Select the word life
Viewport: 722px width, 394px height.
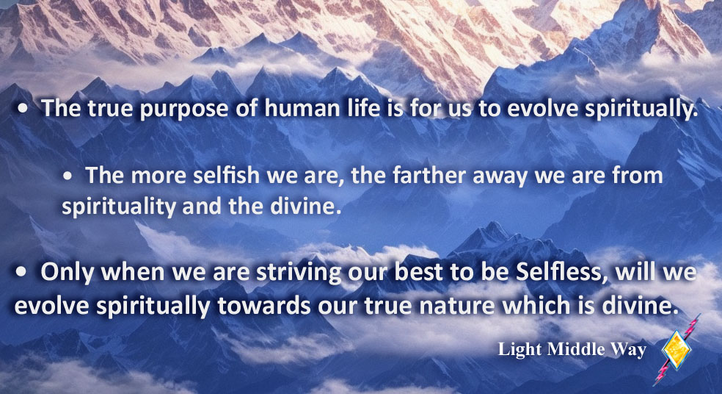[x=363, y=108]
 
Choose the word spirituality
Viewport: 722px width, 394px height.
[x=119, y=207]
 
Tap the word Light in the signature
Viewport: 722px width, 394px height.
[x=520, y=349]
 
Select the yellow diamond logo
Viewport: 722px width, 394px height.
[x=677, y=350]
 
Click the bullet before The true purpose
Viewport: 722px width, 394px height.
[x=23, y=109]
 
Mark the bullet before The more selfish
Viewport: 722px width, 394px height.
[x=68, y=176]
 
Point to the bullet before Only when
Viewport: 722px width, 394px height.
[x=21, y=272]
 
